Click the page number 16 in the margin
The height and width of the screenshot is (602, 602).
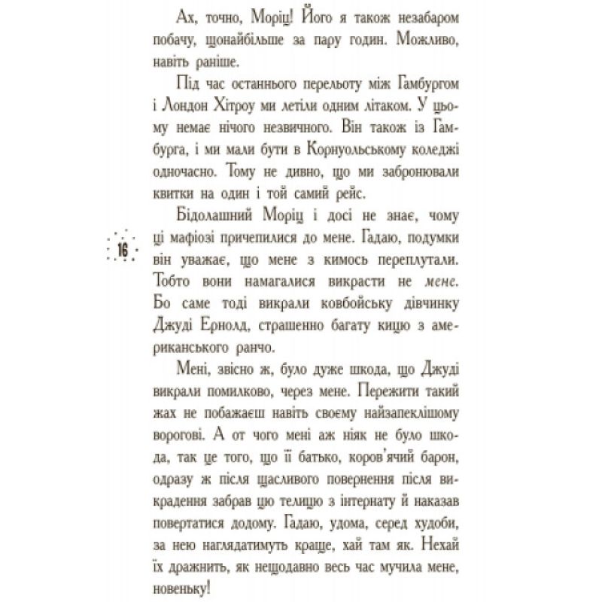pyautogui.click(x=121, y=251)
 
